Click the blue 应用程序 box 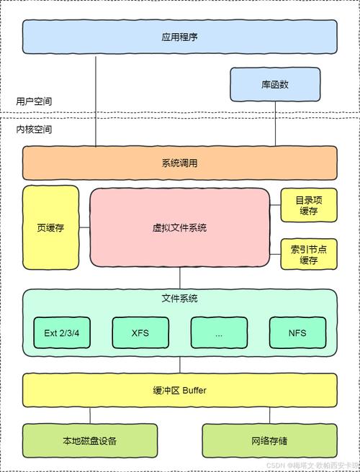pos(179,37)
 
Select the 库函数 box pos(274,84)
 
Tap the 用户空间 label pos(34,101)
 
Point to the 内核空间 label pos(34,130)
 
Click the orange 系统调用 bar pos(179,163)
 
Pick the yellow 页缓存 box pos(50,227)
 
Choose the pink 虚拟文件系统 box pos(179,227)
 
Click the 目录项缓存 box pos(308,205)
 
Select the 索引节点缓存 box pos(308,254)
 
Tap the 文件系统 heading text pos(179,298)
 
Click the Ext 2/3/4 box pos(62,333)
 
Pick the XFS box pos(140,333)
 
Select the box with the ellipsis pos(218,333)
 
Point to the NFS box pos(297,333)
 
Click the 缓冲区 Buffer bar pos(179,390)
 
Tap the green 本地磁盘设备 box pos(89,440)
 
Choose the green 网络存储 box pos(269,440)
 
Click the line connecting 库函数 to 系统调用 pos(274,124)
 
